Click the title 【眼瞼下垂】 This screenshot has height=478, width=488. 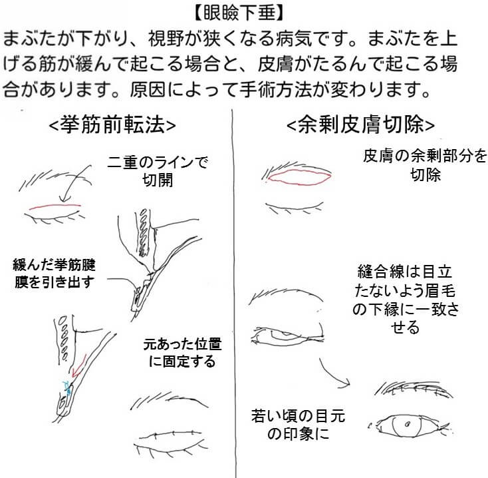[239, 13]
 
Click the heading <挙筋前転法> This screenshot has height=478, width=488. [112, 125]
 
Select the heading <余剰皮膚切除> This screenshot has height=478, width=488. [360, 125]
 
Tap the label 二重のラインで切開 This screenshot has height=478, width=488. [158, 171]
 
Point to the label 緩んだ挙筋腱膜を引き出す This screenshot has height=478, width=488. [54, 273]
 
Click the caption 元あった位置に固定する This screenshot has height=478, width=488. [182, 352]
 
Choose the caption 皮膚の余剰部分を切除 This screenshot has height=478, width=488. [425, 165]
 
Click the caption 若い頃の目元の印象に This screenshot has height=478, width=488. [298, 424]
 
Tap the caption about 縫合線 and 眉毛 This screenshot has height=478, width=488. [405, 299]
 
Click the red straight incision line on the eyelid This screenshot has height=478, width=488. [55, 206]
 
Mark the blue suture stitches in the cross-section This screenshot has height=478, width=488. [66, 386]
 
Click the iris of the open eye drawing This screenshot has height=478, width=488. [407, 425]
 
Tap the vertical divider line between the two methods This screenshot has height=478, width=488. [233, 293]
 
